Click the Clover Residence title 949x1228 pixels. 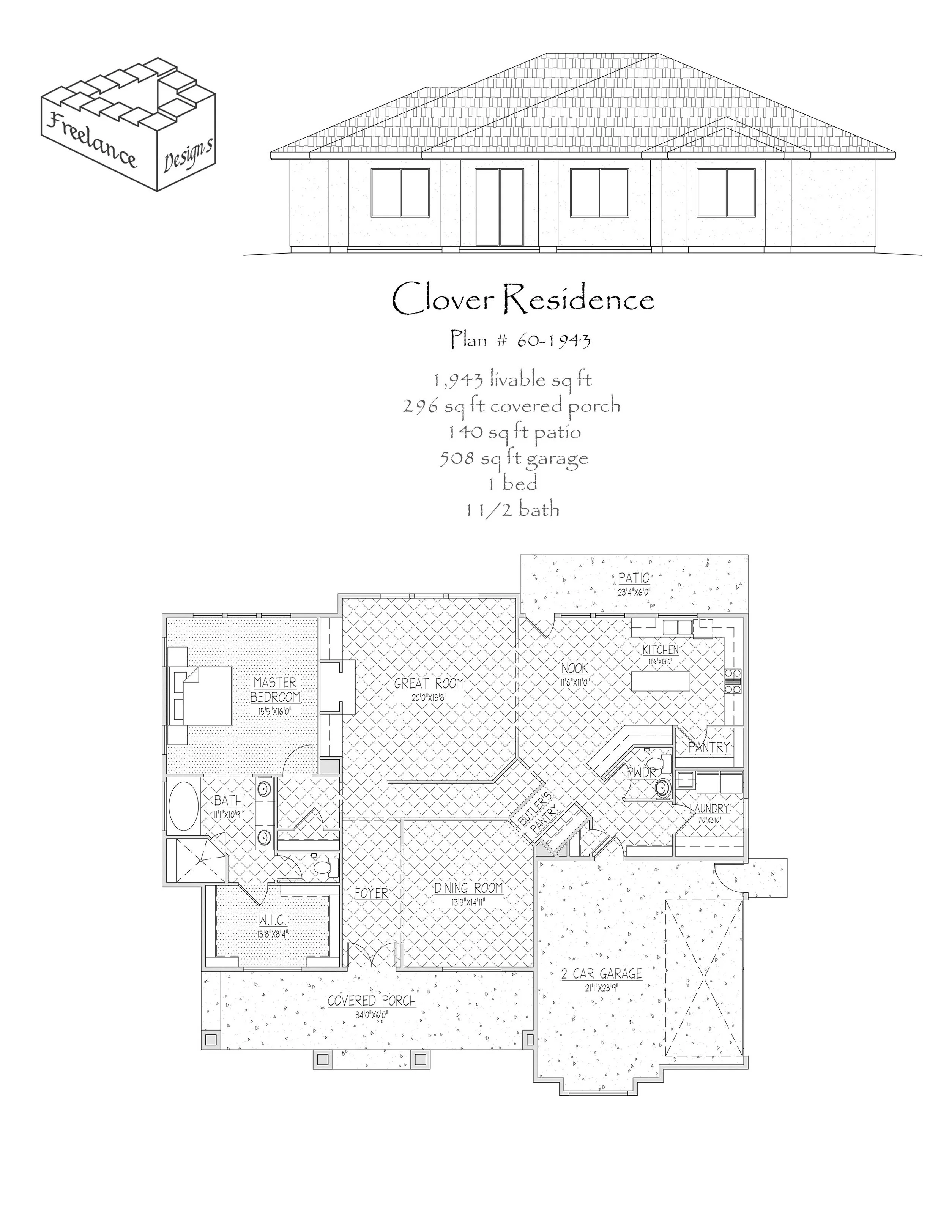point(522,299)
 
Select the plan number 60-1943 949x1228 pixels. point(520,340)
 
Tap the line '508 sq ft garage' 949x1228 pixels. point(513,458)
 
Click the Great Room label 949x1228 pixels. point(429,684)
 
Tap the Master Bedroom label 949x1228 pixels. point(275,690)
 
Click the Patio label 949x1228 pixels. point(634,578)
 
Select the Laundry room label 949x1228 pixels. point(709,809)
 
